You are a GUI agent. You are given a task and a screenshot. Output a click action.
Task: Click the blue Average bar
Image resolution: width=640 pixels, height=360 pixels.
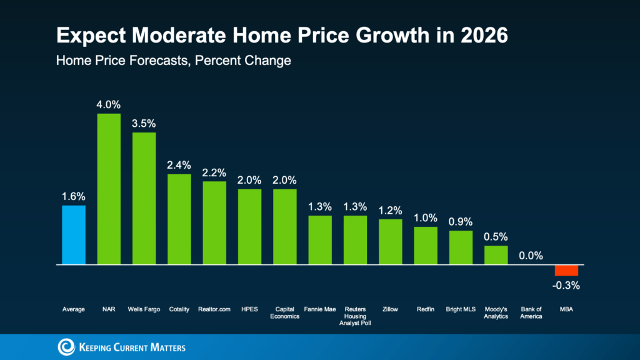[x=74, y=235]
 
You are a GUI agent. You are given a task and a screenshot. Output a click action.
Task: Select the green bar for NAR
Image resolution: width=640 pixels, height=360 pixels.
[x=109, y=189]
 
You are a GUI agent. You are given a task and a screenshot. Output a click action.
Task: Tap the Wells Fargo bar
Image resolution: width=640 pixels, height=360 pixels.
[x=144, y=198]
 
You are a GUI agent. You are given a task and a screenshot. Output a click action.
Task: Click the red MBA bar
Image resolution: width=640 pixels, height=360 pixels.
[x=567, y=270]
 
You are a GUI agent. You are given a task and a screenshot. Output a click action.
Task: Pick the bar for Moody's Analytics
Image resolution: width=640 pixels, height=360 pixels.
[x=496, y=255]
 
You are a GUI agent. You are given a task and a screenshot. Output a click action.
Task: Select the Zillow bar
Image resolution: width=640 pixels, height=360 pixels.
[x=391, y=242]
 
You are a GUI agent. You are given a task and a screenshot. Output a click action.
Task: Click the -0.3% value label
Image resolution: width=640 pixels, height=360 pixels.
[x=567, y=286]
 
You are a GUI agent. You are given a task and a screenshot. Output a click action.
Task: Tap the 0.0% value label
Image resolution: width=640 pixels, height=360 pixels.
[x=531, y=256]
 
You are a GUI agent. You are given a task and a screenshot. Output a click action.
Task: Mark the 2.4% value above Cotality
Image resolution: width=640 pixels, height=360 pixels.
[x=179, y=165]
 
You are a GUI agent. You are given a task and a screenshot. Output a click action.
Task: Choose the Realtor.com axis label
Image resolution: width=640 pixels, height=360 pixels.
[x=214, y=309]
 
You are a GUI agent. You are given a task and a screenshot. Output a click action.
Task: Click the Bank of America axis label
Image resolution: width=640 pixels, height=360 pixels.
[x=531, y=312]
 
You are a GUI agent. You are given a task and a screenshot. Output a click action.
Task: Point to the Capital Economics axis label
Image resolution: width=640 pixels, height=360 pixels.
[x=285, y=312]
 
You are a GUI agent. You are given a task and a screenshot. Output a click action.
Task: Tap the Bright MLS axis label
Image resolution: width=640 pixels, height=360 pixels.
[x=461, y=309]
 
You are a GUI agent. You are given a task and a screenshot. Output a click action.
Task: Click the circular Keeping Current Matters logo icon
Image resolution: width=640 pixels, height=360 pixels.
[x=66, y=347]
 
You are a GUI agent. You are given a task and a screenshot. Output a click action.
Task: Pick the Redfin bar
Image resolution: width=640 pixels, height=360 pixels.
[x=426, y=246]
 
